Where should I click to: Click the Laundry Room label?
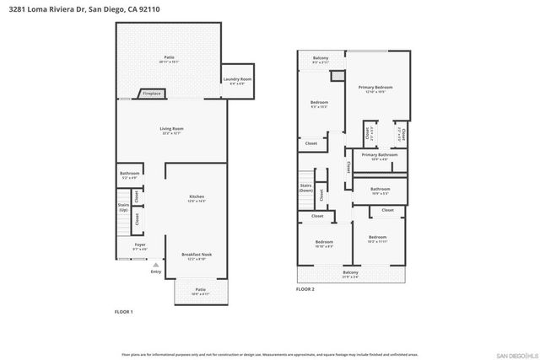[237, 79]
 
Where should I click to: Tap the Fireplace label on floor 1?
[151, 94]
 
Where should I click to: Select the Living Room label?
[171, 129]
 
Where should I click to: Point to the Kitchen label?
[196, 196]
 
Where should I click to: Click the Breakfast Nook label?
[196, 255]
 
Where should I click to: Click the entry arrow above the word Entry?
[155, 265]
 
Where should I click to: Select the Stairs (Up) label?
[123, 207]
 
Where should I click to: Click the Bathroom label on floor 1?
[129, 174]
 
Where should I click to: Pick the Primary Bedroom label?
[375, 88]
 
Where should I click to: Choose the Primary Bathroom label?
[380, 154]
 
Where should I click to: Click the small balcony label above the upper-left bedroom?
[320, 58]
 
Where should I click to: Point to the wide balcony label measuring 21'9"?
[350, 271]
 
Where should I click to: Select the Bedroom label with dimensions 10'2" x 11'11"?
[377, 238]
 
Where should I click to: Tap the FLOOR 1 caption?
[124, 312]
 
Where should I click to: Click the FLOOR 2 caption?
[305, 289]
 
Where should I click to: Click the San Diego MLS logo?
[513, 354]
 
